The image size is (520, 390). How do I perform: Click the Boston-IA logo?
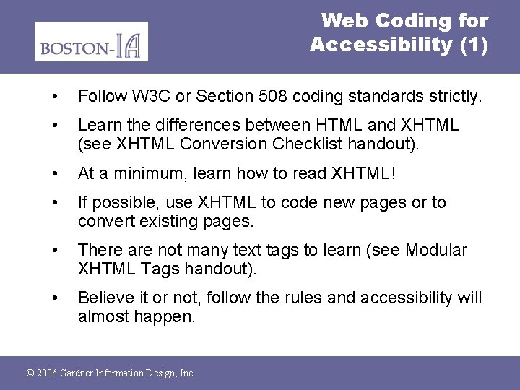[x=91, y=41]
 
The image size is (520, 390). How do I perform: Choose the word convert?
[x=104, y=221]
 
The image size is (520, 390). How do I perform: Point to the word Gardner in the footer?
[x=82, y=373]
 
